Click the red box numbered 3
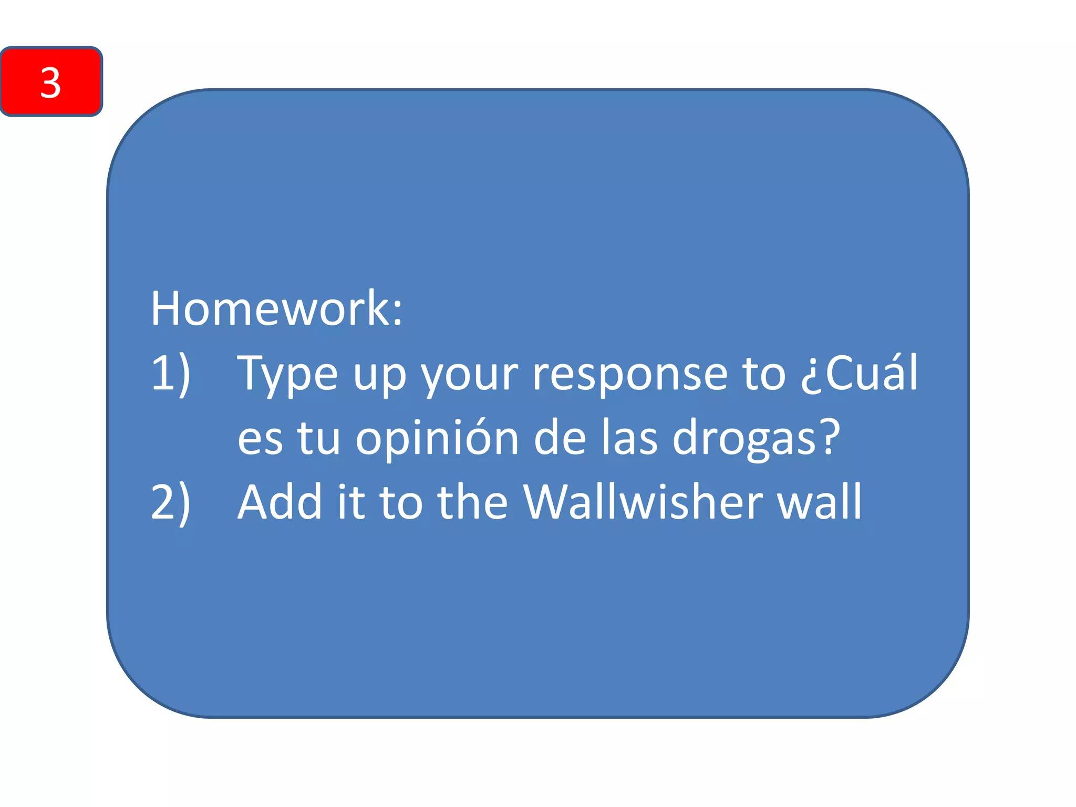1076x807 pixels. (51, 81)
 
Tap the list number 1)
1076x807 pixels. (170, 373)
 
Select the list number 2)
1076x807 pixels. (170, 502)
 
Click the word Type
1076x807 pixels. (287, 374)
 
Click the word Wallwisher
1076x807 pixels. (643, 502)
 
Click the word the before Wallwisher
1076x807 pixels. (472, 502)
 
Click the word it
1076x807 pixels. (350, 502)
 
